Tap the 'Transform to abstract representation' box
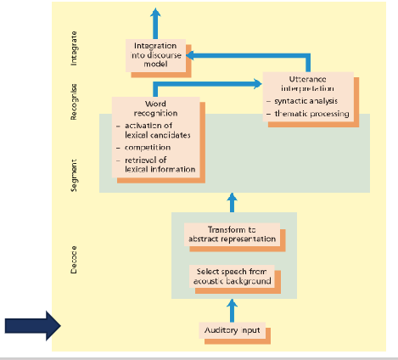(x=231, y=234)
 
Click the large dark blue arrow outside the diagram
(x=28, y=325)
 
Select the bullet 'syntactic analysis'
(x=306, y=102)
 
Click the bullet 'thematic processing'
(x=310, y=114)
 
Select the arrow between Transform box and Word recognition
(x=232, y=204)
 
